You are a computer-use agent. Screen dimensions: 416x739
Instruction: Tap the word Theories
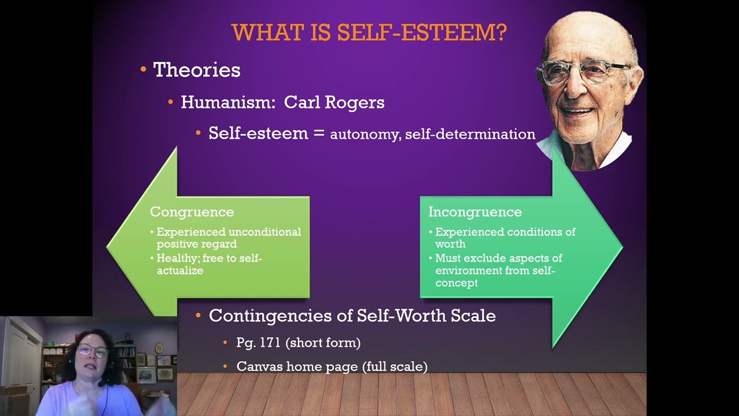196,70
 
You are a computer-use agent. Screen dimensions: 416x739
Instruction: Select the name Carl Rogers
334,102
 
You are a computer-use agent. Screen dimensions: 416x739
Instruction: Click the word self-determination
470,134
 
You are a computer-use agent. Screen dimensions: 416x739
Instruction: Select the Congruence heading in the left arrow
192,212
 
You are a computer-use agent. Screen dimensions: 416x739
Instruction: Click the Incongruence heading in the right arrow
475,212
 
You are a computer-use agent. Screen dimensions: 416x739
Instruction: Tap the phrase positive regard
196,244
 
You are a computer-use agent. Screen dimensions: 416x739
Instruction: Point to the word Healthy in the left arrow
176,258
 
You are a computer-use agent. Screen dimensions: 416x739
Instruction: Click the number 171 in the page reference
270,343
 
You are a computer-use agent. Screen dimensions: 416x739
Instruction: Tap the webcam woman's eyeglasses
92,350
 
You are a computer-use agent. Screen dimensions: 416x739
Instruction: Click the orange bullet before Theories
143,70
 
